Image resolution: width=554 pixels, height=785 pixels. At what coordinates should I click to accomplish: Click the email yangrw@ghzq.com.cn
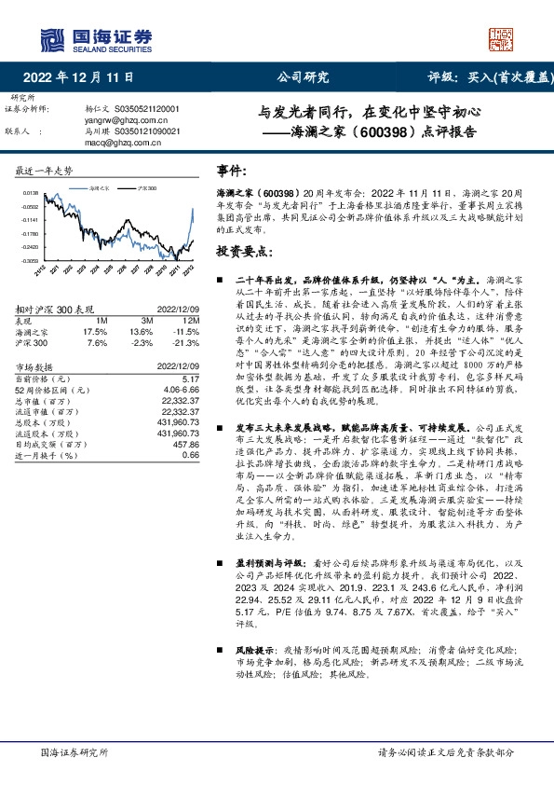125,120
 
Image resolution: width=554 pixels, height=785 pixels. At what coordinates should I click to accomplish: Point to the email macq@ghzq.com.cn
121,144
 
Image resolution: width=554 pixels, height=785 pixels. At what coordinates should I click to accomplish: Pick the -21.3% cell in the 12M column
187,342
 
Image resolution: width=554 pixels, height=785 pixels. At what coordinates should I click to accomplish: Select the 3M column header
142,321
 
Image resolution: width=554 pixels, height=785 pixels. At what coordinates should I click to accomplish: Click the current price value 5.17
191,379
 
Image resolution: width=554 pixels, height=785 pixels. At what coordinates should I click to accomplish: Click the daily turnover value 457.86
187,446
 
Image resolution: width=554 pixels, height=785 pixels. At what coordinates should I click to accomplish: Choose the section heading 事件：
231,171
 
